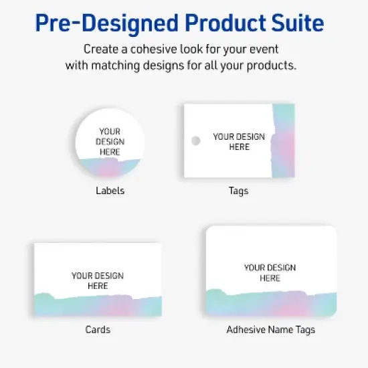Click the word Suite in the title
coord(294,24)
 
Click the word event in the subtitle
coord(264,50)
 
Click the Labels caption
coord(110,191)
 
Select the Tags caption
coord(238,191)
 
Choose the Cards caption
coord(98,329)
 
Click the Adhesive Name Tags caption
coord(270,329)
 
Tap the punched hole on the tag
coord(195,141)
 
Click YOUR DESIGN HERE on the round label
coord(110,142)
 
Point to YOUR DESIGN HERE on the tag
coord(239,141)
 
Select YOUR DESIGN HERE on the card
coord(98,280)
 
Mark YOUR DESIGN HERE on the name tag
coord(270,273)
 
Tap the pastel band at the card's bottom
coord(98,305)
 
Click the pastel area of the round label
coord(110,167)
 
